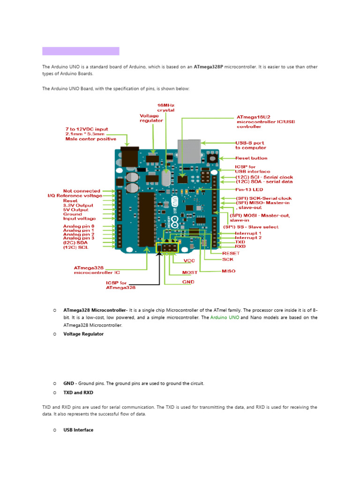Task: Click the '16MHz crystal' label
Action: pyautogui.click(x=165, y=107)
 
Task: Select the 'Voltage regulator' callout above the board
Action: pyautogui.click(x=151, y=118)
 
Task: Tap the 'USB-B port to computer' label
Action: pyautogui.click(x=250, y=145)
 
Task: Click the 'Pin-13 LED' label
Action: pyautogui.click(x=249, y=190)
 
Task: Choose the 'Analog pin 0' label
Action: pyautogui.click(x=79, y=226)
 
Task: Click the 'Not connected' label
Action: pyautogui.click(x=82, y=191)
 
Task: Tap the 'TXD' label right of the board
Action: pyautogui.click(x=240, y=242)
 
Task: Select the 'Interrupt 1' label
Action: pyautogui.click(x=248, y=233)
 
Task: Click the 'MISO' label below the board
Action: pyautogui.click(x=229, y=271)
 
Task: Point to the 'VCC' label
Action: pyautogui.click(x=189, y=261)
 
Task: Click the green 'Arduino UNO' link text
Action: pyautogui.click(x=225, y=317)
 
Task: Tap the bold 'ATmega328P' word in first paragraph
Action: pyautogui.click(x=208, y=67)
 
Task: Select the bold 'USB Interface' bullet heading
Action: pyautogui.click(x=78, y=430)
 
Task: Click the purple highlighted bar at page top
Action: pyautogui.click(x=81, y=51)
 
